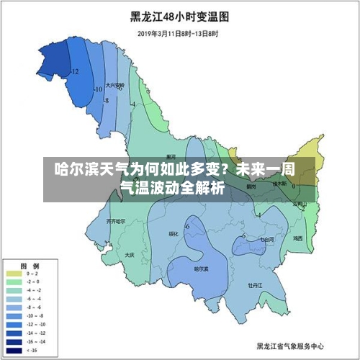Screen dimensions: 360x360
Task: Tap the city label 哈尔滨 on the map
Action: (202, 269)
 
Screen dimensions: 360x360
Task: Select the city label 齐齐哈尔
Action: (115, 220)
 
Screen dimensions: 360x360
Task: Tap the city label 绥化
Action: (173, 233)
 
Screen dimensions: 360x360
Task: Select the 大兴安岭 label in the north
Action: (114, 85)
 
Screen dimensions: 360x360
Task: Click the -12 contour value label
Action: (74, 71)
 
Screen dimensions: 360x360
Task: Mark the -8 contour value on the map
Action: (106, 101)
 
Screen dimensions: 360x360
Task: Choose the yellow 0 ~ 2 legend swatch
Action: (14, 274)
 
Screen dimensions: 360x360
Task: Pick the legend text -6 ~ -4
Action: (32, 299)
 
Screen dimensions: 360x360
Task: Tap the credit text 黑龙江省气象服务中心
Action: (290, 345)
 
